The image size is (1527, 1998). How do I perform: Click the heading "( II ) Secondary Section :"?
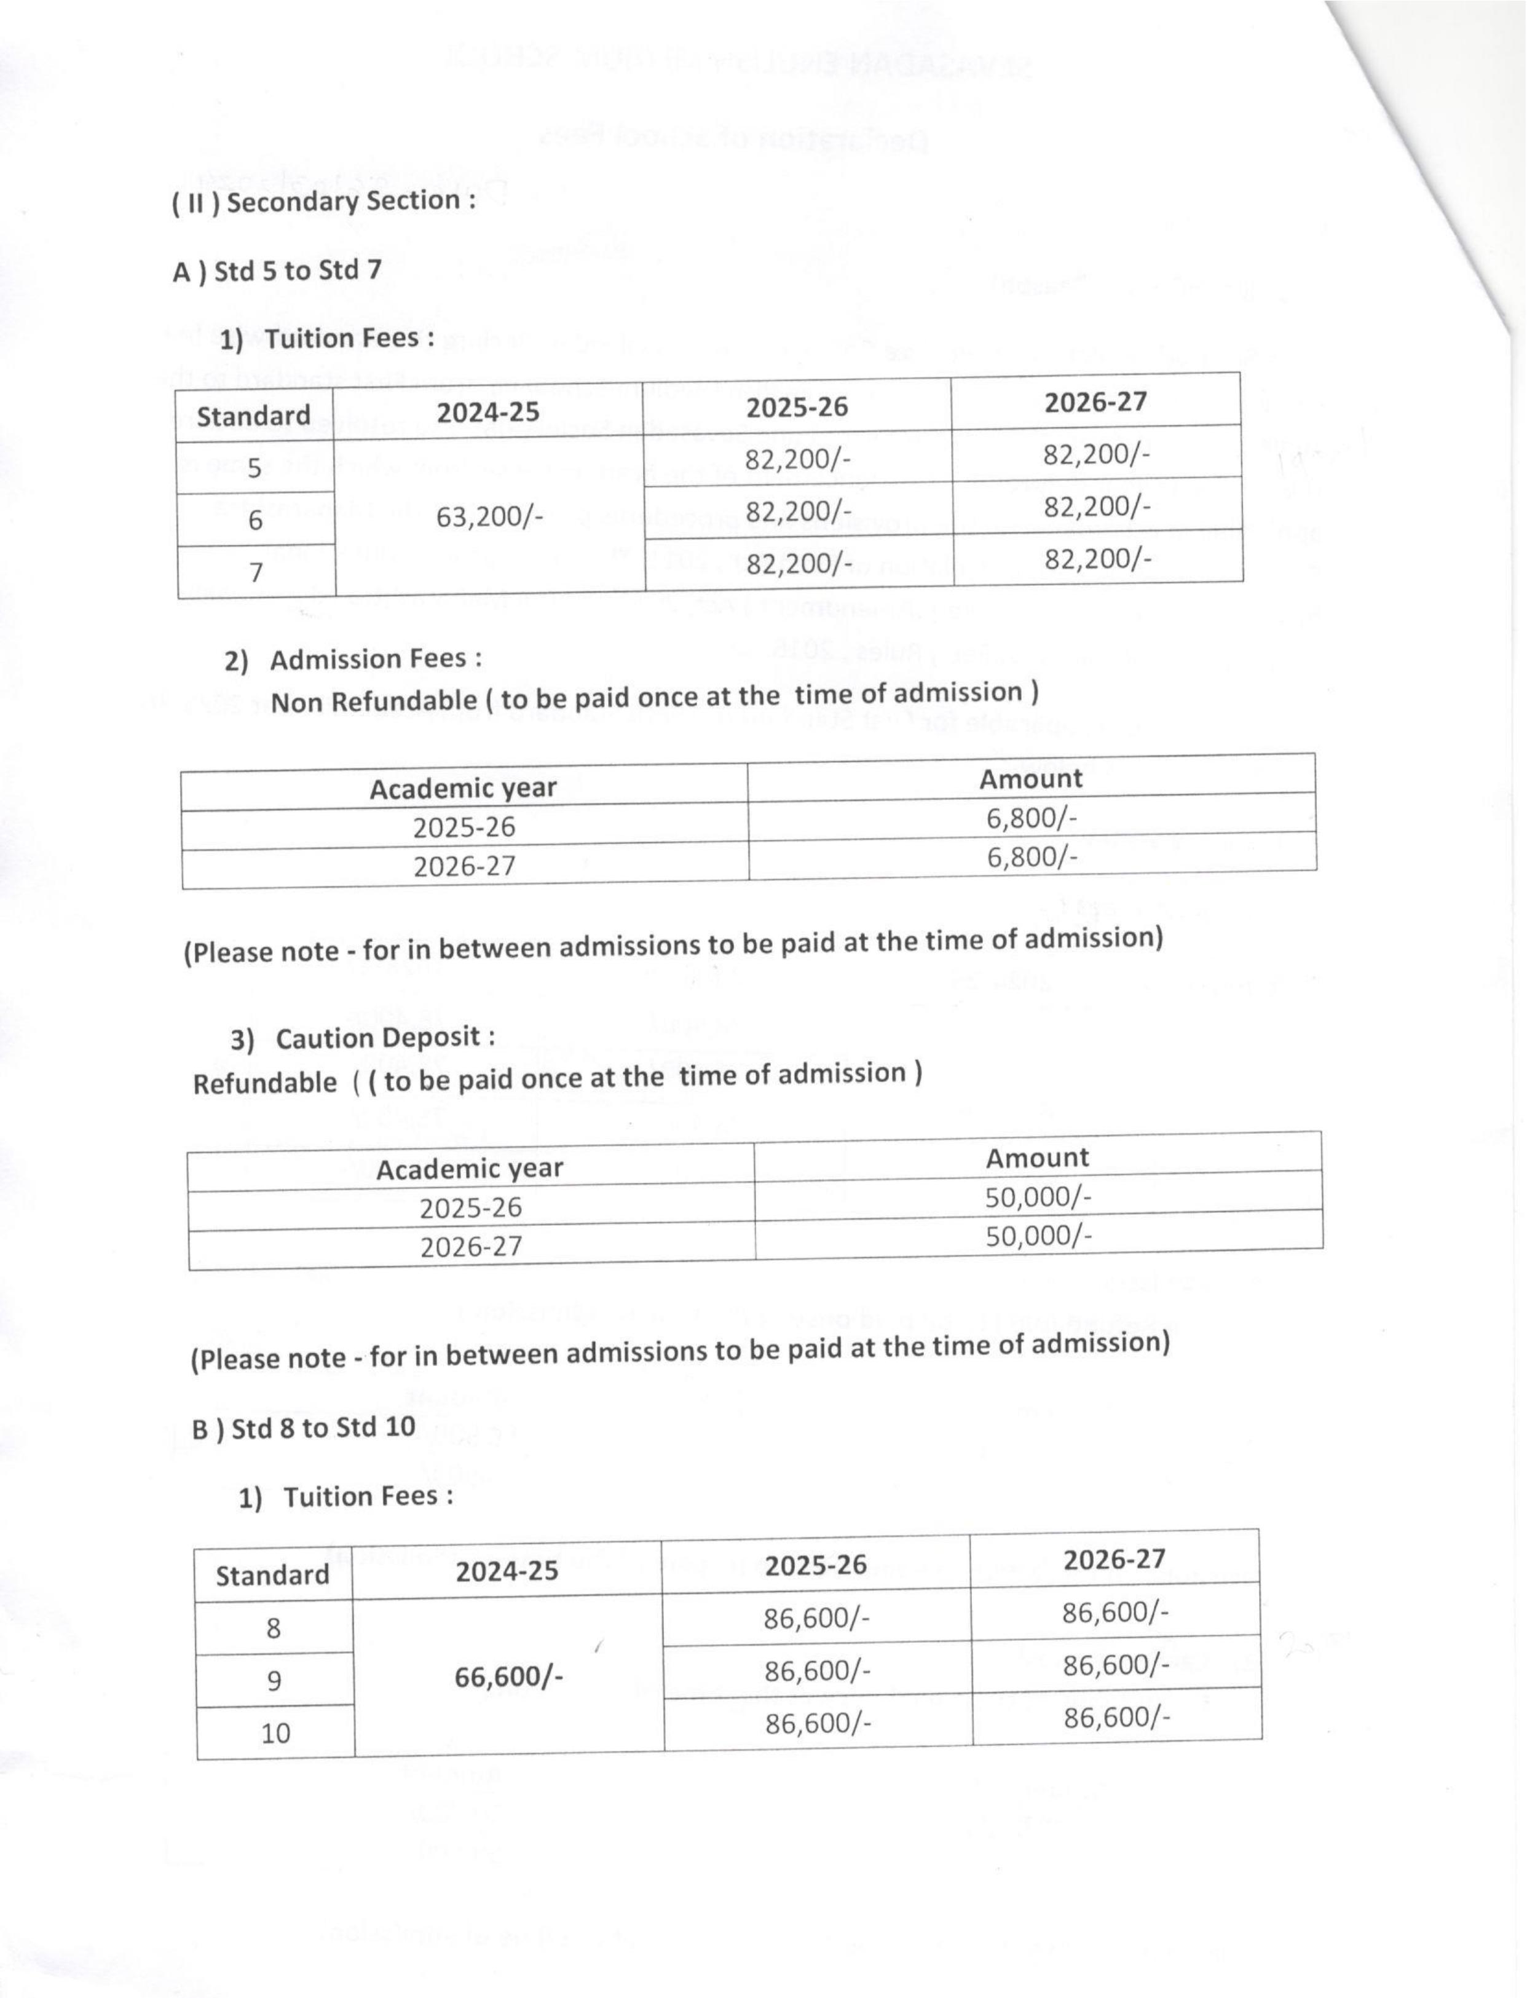(x=323, y=202)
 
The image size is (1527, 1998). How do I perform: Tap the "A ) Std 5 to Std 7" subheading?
(x=277, y=272)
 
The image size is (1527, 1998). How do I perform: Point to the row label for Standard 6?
(x=255, y=521)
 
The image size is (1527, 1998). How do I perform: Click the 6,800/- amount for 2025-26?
(x=1032, y=818)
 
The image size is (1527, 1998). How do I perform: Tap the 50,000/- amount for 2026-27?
(x=1038, y=1235)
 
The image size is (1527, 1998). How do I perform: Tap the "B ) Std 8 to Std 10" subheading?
(x=304, y=1427)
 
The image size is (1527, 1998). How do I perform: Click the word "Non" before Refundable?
(x=296, y=701)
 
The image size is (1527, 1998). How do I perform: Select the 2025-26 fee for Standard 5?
(x=797, y=460)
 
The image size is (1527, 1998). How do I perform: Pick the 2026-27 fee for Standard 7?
(x=1097, y=559)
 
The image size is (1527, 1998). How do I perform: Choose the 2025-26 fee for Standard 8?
(x=816, y=1619)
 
